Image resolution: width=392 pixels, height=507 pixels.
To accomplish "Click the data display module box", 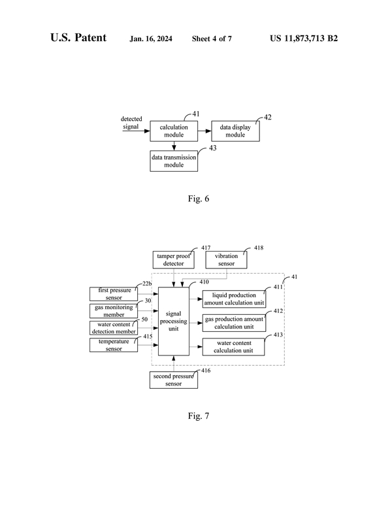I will pyautogui.click(x=235, y=131).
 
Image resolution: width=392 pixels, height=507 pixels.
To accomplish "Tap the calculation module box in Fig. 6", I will pyautogui.click(x=173, y=131).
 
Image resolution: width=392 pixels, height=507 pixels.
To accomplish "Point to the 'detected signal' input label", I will pyautogui.click(x=131, y=123).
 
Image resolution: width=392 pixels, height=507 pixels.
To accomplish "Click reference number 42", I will pyautogui.click(x=268, y=118).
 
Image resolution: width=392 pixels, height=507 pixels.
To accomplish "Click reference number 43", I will pyautogui.click(x=212, y=148).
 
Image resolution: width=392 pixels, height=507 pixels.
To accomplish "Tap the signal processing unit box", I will pyautogui.click(x=174, y=321).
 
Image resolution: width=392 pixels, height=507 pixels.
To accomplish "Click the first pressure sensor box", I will pyautogui.click(x=114, y=293).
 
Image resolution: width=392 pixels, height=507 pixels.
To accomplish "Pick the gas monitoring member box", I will pyautogui.click(x=114, y=310).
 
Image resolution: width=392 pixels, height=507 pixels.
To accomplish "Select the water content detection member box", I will pyautogui.click(x=114, y=327).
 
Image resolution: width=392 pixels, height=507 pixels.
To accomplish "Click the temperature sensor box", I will pyautogui.click(x=114, y=345).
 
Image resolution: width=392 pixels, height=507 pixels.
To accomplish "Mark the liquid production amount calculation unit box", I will pyautogui.click(x=234, y=299).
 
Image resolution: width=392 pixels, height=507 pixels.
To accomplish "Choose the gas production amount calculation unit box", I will pyautogui.click(x=234, y=323).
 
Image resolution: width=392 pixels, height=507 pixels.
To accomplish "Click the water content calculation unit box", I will pyautogui.click(x=234, y=346).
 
